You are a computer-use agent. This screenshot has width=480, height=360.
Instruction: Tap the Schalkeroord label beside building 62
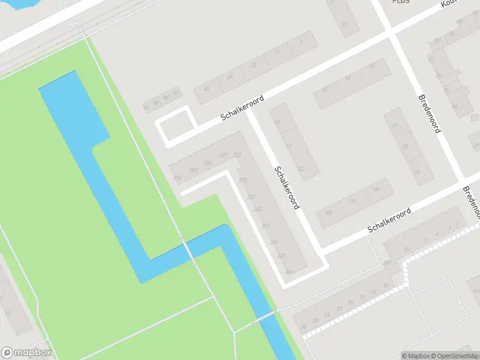[x=287, y=187]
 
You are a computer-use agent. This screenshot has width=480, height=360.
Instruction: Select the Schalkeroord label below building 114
[x=389, y=220]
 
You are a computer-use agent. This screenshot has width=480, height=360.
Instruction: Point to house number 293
[x=178, y=178]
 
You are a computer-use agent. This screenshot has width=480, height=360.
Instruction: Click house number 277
[x=224, y=155]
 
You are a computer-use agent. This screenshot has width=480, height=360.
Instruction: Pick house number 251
[x=274, y=242]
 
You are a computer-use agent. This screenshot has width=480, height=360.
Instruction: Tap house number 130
[x=376, y=190]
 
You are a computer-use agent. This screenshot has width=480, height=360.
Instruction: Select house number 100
[x=328, y=213]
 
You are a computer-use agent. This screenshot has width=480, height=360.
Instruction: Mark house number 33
[x=254, y=65]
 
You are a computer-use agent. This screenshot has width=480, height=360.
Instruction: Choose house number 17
[x=276, y=53]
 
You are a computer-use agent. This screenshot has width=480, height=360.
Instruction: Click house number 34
[x=324, y=90]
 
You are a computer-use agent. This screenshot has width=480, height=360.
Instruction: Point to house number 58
[x=277, y=122]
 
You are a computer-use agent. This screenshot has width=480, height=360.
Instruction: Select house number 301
[x=388, y=263]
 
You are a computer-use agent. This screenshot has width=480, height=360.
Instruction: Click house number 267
[x=251, y=197]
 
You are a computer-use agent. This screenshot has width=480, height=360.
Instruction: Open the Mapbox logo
[x=26, y=353]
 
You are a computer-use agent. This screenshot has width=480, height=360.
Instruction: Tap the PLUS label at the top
[x=400, y=2]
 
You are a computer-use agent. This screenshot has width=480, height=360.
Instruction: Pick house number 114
[x=352, y=202]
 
